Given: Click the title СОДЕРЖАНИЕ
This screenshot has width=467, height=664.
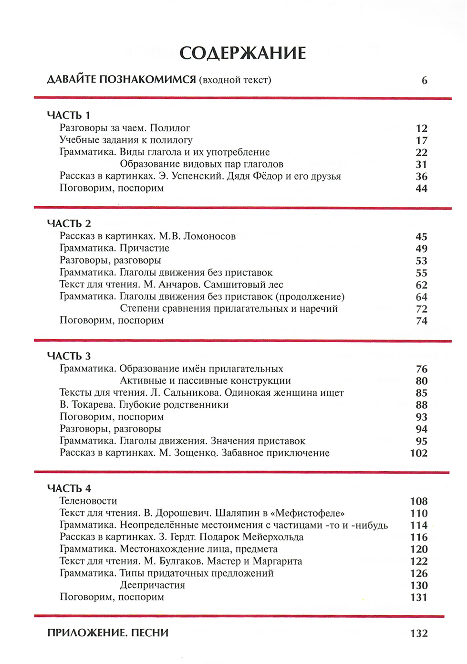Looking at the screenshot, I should click(242, 53).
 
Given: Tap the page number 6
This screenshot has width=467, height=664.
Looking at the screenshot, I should click(424, 80).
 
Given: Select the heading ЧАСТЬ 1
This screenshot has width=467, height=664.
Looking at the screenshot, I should click(69, 115).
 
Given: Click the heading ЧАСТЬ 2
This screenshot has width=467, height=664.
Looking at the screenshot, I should click(69, 223).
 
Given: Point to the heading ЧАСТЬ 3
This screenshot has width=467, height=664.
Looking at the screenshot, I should click(69, 356).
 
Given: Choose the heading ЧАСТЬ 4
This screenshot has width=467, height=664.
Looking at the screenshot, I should click(69, 488).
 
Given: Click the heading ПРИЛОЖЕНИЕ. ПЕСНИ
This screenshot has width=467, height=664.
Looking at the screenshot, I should click(108, 633).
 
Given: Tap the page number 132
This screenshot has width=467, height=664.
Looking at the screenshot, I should click(418, 633).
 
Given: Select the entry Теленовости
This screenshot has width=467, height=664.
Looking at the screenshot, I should click(88, 501).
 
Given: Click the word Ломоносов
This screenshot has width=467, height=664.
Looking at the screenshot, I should click(210, 236).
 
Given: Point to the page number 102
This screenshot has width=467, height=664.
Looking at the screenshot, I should click(418, 453).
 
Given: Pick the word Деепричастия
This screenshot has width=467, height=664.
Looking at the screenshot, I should click(152, 585).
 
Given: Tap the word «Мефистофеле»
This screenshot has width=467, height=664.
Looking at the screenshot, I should click(309, 513).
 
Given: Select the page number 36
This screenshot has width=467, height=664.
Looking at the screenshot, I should click(421, 177).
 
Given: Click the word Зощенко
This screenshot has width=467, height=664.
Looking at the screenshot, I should click(195, 453).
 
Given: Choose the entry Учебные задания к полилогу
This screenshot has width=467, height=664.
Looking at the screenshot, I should click(126, 140).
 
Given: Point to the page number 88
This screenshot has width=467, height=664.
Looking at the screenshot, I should click(421, 405).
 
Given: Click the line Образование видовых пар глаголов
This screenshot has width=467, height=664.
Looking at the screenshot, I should click(201, 164).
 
